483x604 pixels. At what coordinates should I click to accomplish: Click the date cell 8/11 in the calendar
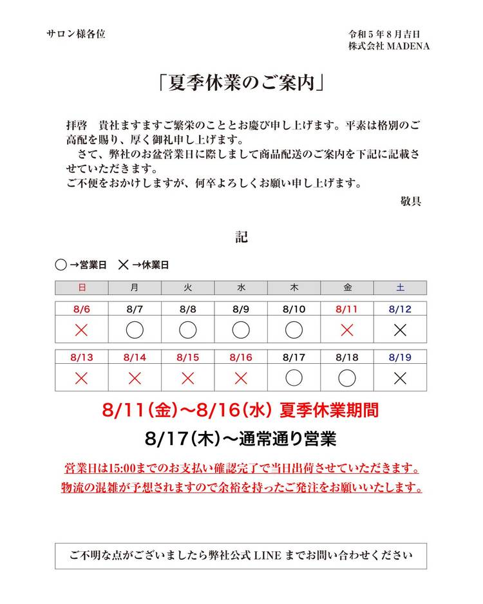click(346, 309)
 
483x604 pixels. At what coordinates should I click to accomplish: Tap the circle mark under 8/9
click(241, 330)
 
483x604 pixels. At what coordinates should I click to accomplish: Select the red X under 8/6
click(81, 330)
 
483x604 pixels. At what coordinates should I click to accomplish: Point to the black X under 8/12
click(400, 330)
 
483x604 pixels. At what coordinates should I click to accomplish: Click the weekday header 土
click(400, 287)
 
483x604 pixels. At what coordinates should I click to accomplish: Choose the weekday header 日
click(81, 287)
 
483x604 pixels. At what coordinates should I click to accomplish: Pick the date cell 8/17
click(294, 357)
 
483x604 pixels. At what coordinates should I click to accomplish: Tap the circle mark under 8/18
click(346, 378)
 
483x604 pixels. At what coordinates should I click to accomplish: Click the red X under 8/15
click(187, 378)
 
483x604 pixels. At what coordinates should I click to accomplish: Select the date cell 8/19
click(400, 357)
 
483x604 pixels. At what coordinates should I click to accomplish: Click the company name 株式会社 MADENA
click(389, 46)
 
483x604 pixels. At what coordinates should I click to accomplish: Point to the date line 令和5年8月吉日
click(384, 34)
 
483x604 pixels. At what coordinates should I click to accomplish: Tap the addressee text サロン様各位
click(76, 34)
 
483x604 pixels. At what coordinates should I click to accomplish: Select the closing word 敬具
click(411, 201)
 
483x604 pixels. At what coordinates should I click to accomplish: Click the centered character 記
click(241, 237)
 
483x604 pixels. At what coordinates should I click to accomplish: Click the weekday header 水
click(241, 287)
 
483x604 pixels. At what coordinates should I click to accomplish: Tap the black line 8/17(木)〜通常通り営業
click(241, 439)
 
